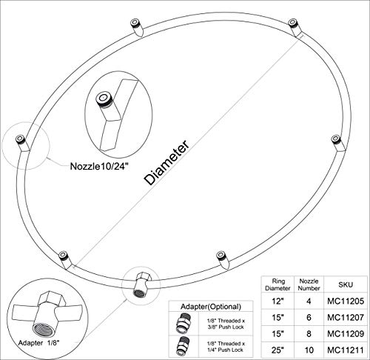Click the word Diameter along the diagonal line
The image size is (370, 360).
(167, 163)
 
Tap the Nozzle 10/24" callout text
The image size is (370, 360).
(100, 166)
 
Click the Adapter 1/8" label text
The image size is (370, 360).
(39, 343)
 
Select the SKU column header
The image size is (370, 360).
(346, 284)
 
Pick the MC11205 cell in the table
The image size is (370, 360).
(346, 301)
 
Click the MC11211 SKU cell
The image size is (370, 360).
(346, 350)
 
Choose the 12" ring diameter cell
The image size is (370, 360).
(277, 301)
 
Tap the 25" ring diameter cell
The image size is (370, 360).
(277, 350)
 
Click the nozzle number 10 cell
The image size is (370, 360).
(309, 350)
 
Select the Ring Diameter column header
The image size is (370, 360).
(277, 284)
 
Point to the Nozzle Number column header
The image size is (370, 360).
(309, 284)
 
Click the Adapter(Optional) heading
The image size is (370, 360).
(211, 307)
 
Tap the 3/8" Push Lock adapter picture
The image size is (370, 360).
(184, 323)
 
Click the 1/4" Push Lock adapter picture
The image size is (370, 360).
(184, 346)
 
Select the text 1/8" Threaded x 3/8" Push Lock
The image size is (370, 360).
(226, 324)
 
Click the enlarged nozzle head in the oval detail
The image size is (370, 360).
(103, 99)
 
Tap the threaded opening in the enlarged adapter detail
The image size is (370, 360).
(43, 330)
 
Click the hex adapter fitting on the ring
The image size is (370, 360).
(141, 284)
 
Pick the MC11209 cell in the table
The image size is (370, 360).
(346, 333)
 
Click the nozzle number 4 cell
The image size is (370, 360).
(309, 301)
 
